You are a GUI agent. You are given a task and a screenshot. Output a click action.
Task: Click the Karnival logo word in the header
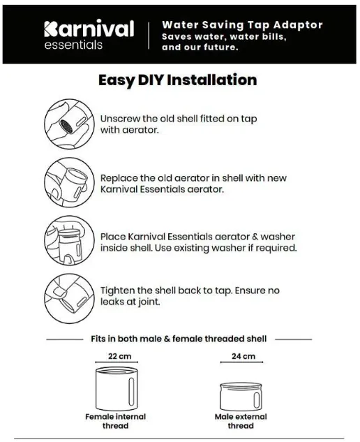(89, 29)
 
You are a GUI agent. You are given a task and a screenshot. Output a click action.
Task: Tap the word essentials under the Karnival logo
(73, 45)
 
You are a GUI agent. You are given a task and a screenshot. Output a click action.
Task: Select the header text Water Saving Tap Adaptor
(242, 25)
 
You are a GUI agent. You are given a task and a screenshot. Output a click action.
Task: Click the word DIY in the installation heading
(151, 80)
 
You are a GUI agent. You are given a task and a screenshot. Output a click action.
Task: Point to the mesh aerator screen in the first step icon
(67, 126)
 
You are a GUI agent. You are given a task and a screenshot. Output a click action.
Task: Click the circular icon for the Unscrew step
(69, 124)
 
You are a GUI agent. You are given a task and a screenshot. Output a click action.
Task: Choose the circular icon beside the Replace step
(69, 183)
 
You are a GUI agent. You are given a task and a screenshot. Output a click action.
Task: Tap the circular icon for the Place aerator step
(69, 240)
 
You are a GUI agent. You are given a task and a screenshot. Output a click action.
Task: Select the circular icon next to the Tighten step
(69, 299)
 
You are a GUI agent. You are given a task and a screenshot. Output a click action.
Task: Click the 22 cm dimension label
(120, 356)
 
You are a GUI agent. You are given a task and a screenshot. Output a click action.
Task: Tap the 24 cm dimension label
(243, 356)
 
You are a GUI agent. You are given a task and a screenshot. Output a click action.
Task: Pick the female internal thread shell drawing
(117, 388)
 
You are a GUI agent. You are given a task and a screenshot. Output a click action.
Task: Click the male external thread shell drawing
(241, 397)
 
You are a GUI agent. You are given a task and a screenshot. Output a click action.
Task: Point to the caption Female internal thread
(116, 421)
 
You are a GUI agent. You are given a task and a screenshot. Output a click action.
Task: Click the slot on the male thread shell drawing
(256, 399)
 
